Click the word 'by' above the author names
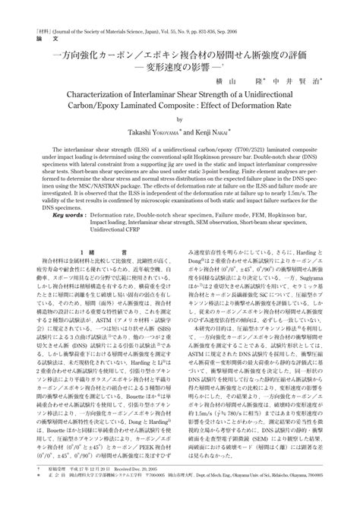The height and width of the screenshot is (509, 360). point(180,123)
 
